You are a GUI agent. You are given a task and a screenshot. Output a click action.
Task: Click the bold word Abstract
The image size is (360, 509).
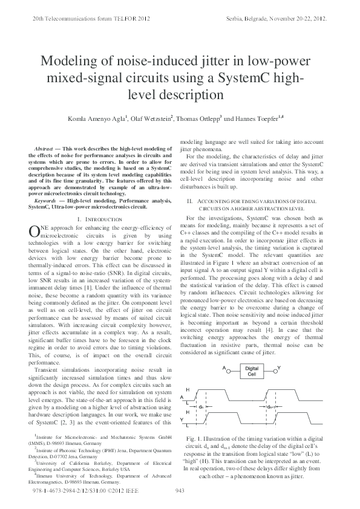pos(44,148)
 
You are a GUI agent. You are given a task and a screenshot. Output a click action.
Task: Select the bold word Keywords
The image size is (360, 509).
pos(45,199)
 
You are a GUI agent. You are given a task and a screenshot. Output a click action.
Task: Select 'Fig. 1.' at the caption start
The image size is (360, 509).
pos(196,437)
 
